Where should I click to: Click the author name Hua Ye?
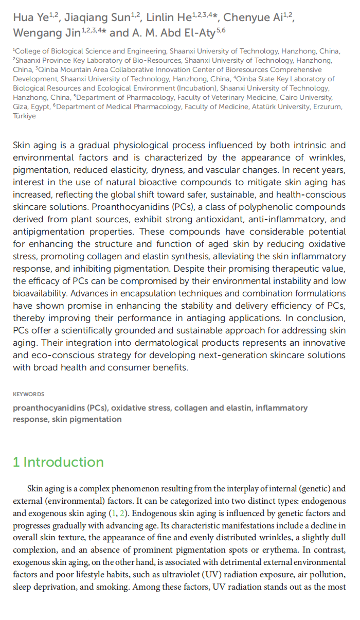pyautogui.click(x=30, y=17)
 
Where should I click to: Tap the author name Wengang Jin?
pyautogui.click(x=47, y=33)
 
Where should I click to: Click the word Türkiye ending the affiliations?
pyautogui.click(x=24, y=116)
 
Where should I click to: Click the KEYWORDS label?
pyautogui.click(x=28, y=394)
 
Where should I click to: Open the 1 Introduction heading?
pyautogui.click(x=58, y=462)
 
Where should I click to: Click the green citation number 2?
pyautogui.click(x=122, y=513)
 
